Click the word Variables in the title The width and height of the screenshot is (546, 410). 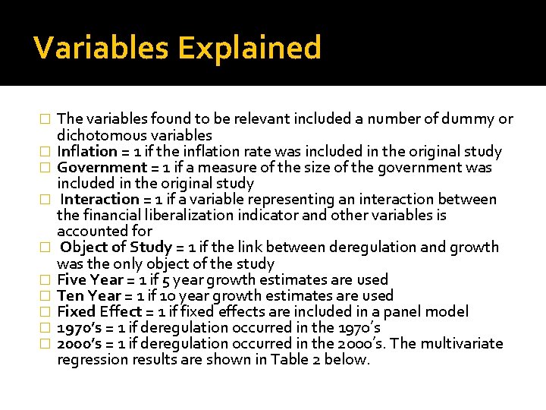point(102,48)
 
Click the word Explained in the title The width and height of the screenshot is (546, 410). point(249,48)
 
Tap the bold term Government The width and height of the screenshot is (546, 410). point(102,167)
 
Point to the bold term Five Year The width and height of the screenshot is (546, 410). point(89,279)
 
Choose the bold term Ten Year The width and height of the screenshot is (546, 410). point(88,295)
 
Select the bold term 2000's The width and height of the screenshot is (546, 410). point(81,343)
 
